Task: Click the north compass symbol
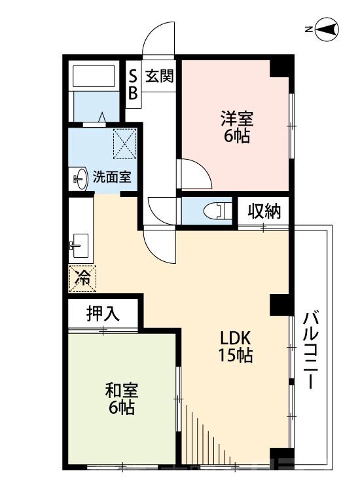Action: (x=325, y=29)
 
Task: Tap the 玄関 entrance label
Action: (x=159, y=76)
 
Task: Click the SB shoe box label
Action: (x=133, y=83)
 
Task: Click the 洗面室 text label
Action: (x=111, y=176)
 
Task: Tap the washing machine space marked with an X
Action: (x=123, y=143)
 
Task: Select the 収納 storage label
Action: (x=264, y=211)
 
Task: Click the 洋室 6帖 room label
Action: (x=236, y=127)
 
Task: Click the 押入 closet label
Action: (x=103, y=313)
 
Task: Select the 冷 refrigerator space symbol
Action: (x=82, y=278)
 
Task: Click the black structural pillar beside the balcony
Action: (x=279, y=304)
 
